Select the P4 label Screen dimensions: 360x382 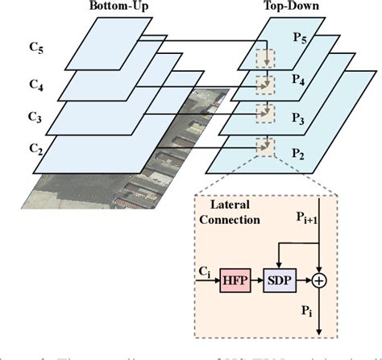coord(299,81)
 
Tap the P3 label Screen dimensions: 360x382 coord(299,118)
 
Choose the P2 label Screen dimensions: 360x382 coord(299,152)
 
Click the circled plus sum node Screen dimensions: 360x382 coord(319,281)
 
